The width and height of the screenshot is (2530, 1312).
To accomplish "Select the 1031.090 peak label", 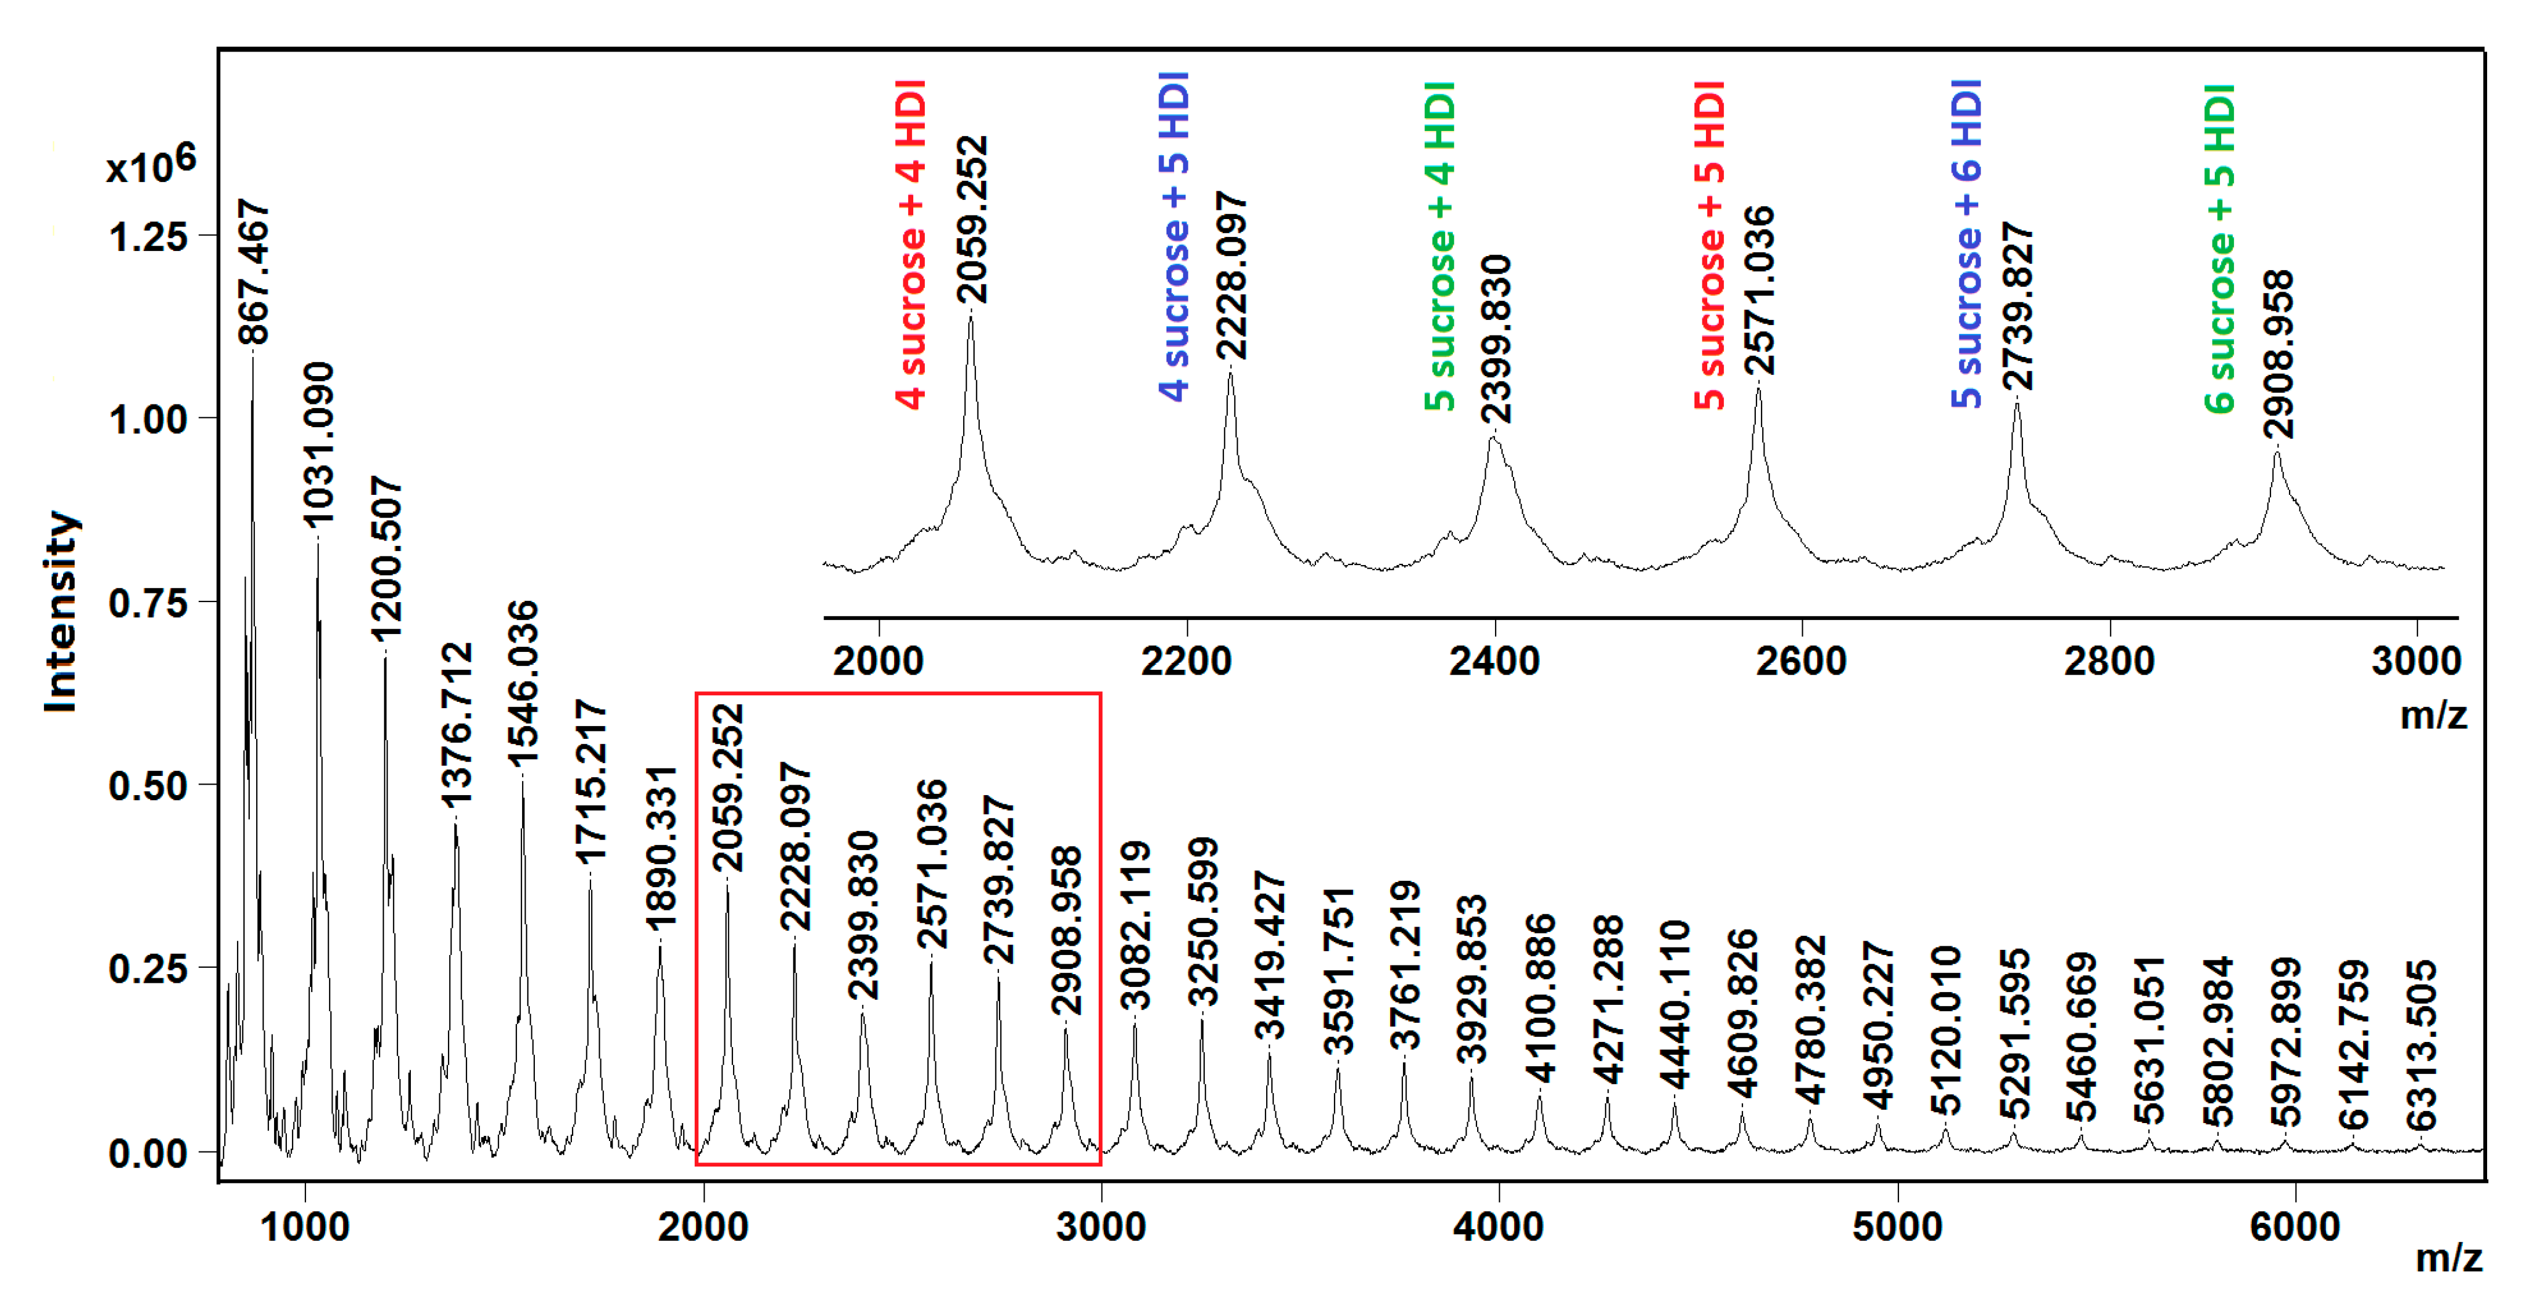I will point(318,444).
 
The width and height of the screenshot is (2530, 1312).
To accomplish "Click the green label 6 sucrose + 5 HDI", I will point(2219,249).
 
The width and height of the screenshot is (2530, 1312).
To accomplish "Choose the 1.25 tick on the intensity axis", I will point(147,236).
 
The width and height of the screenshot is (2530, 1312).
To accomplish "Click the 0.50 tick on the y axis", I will point(147,786).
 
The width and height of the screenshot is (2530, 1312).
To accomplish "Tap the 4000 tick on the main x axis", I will point(1499,1227).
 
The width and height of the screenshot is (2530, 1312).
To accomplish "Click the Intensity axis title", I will point(61,611).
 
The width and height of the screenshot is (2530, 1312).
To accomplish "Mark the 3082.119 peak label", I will point(1135,925).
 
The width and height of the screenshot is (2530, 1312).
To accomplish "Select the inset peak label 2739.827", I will point(2017,307).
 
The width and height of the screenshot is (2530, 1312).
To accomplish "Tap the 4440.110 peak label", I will point(1675,1004).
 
